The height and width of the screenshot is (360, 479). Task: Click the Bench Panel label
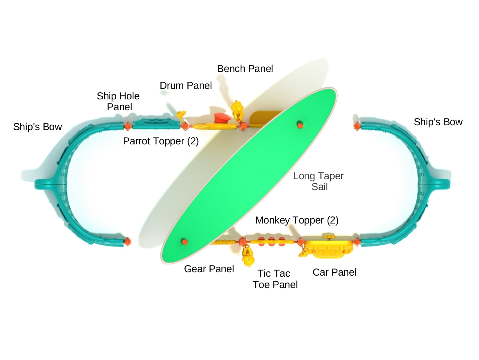click(245, 69)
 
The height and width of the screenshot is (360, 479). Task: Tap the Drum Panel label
click(186, 85)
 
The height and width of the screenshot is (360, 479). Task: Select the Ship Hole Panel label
click(118, 102)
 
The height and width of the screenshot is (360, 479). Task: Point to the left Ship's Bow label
click(37, 127)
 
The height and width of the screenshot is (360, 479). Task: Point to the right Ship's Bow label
click(438, 122)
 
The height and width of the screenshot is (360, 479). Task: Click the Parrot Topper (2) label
click(161, 141)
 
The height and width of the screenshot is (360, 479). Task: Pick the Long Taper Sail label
click(318, 181)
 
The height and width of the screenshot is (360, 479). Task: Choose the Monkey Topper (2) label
click(297, 220)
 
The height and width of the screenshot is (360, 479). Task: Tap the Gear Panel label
click(209, 269)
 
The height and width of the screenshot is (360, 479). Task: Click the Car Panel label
click(335, 273)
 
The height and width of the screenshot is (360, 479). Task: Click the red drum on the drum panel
click(222, 118)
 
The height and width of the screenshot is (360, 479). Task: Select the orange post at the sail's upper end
click(300, 125)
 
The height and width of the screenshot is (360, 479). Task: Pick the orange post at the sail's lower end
click(185, 241)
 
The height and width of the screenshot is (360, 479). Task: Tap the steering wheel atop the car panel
click(329, 237)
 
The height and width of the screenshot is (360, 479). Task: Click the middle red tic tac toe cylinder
click(271, 241)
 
